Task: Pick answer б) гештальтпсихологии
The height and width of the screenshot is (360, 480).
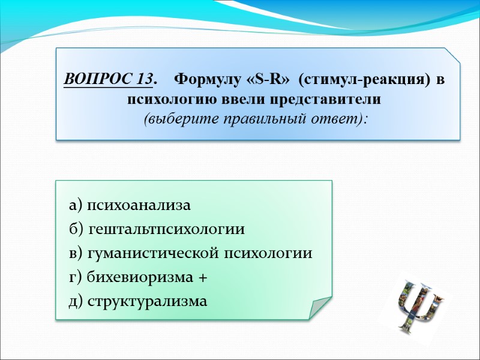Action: coord(157,230)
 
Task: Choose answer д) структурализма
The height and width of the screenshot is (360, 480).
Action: coord(137,301)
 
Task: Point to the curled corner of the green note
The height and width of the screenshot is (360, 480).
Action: coord(319,307)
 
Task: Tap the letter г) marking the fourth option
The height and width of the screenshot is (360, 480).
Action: coord(76,277)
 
